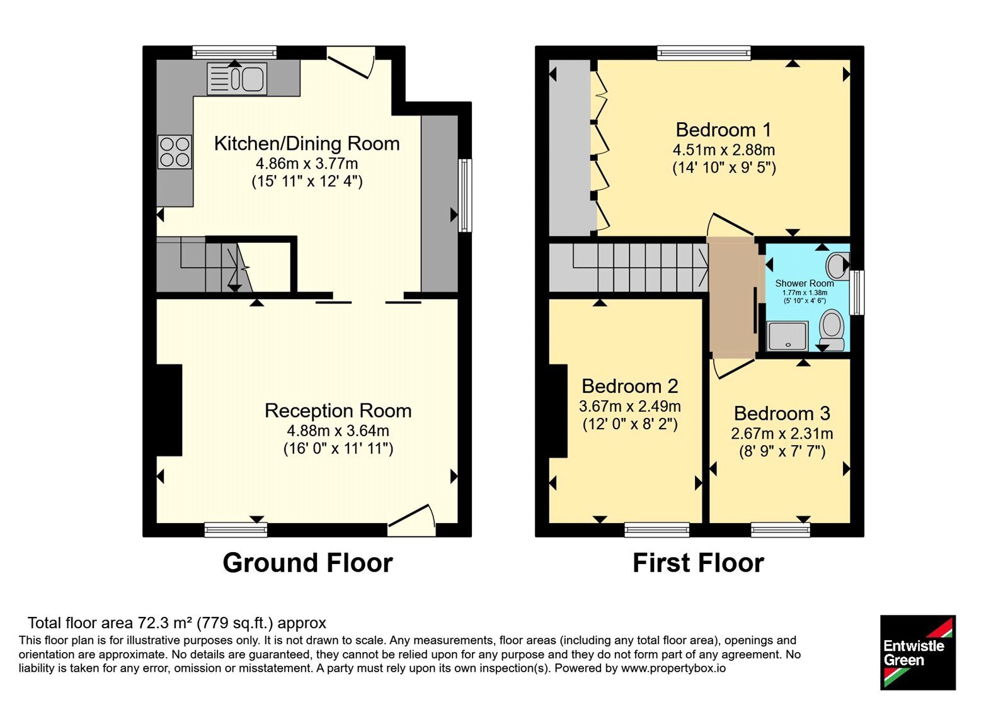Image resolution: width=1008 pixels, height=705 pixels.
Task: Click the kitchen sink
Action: click(x=237, y=79)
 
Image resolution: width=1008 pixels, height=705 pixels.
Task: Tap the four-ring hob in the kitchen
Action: click(x=175, y=152)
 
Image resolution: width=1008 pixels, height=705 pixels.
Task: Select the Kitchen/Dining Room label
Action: click(x=307, y=144)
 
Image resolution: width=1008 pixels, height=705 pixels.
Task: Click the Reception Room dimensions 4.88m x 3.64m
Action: click(x=338, y=431)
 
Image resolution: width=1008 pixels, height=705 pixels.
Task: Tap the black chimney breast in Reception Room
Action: click(x=169, y=410)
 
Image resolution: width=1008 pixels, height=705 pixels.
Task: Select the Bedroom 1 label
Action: click(x=724, y=130)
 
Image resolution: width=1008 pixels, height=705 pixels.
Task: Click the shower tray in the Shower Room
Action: click(x=788, y=336)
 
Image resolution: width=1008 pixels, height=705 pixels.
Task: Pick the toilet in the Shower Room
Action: click(x=831, y=331)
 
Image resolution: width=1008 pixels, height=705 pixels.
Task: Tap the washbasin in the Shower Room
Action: click(x=838, y=265)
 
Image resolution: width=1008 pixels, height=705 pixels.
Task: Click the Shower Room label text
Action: click(x=805, y=283)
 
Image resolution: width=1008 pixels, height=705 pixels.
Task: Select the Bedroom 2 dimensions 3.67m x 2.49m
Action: click(x=629, y=407)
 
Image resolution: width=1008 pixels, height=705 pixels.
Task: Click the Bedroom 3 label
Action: click(x=782, y=413)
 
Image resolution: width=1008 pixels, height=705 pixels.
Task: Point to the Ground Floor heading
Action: click(x=308, y=563)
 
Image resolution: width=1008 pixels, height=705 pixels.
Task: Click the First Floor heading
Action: click(x=699, y=563)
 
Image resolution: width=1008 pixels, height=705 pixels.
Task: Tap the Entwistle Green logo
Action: click(x=918, y=652)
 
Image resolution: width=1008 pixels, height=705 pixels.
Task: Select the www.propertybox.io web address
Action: click(x=673, y=668)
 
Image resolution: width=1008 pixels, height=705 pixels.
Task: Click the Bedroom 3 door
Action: click(x=733, y=369)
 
